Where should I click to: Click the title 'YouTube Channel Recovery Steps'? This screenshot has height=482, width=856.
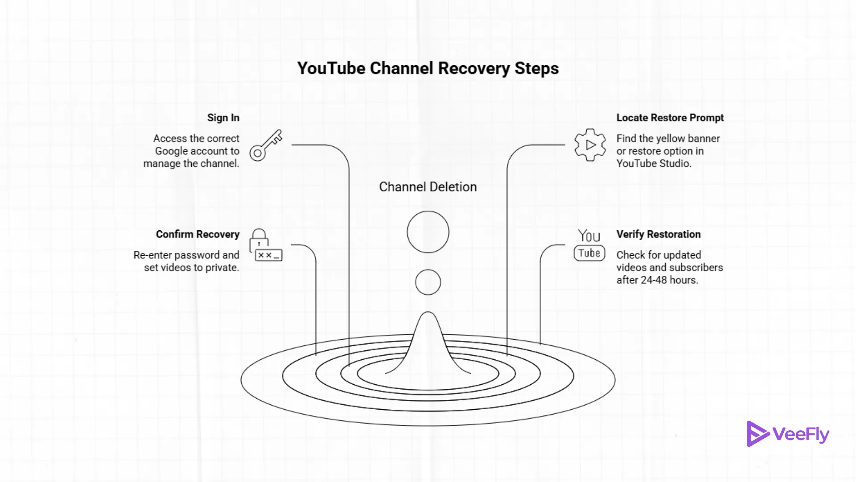tap(428, 68)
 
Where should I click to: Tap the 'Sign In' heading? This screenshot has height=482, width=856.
tap(223, 118)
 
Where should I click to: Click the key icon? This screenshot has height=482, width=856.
tap(266, 145)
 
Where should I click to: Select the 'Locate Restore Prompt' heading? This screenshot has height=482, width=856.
tap(670, 118)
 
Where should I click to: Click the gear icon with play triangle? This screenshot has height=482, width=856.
tap(590, 145)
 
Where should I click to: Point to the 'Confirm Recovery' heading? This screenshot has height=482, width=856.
tap(198, 234)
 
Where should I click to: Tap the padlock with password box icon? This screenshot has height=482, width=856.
tap(265, 245)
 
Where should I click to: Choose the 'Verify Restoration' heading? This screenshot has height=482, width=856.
tap(658, 234)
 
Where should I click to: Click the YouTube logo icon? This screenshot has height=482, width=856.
tap(589, 245)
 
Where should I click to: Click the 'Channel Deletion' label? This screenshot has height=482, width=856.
tap(428, 187)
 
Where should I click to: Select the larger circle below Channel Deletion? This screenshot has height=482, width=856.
tap(428, 232)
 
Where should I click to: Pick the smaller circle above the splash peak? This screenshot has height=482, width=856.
tap(428, 282)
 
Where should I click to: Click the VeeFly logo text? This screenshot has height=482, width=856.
tap(801, 434)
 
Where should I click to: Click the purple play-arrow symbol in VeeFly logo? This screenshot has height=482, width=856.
tap(757, 434)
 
